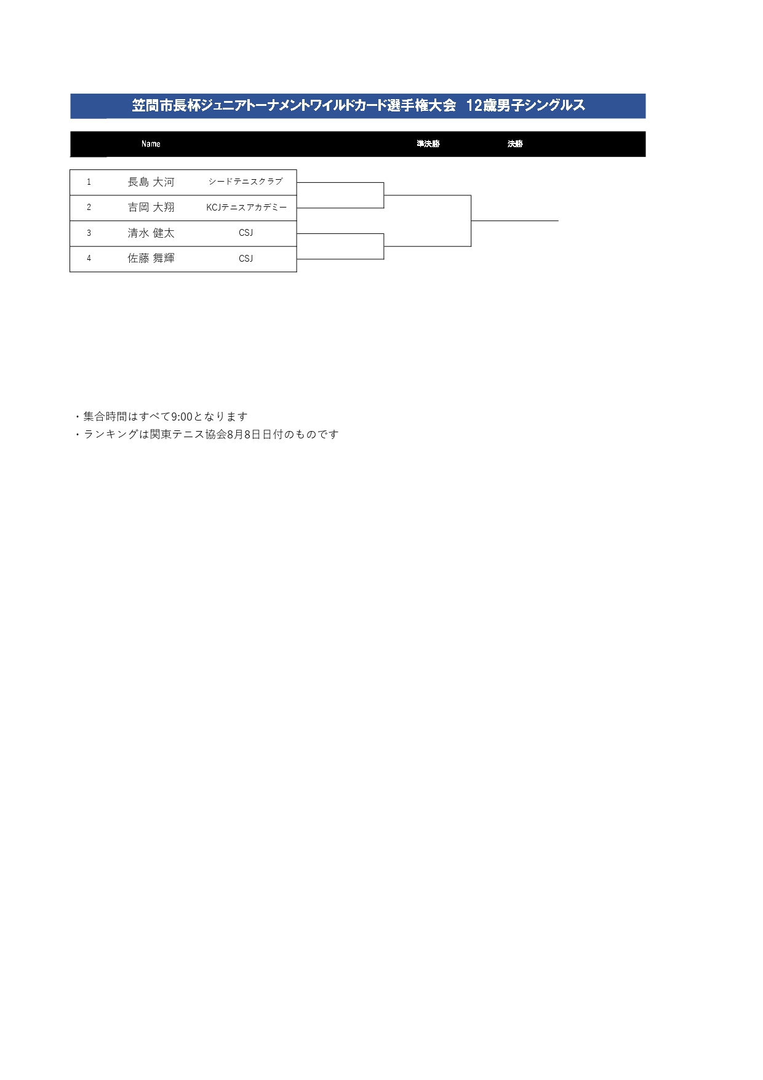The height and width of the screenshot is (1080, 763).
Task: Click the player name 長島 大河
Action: [151, 182]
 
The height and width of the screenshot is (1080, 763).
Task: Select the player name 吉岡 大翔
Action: [151, 208]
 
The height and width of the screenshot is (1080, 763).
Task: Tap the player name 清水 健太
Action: [151, 233]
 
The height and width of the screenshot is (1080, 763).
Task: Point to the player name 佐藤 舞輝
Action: [151, 259]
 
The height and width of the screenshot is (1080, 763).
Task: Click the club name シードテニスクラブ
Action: [246, 182]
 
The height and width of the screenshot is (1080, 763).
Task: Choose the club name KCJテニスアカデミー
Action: [246, 208]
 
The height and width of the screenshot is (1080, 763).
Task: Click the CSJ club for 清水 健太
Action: [246, 233]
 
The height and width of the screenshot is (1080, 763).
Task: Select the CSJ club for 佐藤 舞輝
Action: [246, 259]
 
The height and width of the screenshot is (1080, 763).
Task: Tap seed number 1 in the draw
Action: [89, 182]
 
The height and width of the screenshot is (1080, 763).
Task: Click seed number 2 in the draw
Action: [89, 208]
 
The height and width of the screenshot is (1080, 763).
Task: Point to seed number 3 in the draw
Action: [89, 233]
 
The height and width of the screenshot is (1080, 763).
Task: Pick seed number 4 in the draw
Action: [89, 259]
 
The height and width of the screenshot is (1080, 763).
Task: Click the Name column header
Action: [151, 144]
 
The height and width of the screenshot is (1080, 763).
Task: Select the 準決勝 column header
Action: [428, 144]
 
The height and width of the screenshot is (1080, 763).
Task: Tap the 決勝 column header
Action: [515, 144]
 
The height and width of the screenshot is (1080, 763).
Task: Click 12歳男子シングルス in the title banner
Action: [525, 106]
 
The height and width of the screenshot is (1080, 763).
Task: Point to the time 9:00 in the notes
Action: [182, 417]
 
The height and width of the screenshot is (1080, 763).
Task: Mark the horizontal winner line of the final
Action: [514, 220]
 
